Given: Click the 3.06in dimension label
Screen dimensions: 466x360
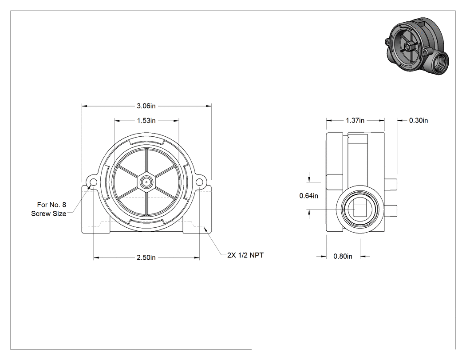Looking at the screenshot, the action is (x=146, y=106).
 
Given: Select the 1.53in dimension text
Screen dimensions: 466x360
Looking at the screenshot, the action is (x=146, y=121).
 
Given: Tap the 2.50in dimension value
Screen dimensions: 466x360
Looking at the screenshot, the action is (x=146, y=257).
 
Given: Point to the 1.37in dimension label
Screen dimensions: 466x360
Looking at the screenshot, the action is (x=355, y=120).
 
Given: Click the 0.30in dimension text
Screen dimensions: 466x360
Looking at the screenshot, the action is (x=419, y=120).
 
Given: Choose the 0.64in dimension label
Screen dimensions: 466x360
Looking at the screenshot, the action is (x=308, y=196).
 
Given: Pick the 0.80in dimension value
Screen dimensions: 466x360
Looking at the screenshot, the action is (x=343, y=256).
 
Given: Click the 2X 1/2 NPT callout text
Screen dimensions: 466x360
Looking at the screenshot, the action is (x=245, y=255).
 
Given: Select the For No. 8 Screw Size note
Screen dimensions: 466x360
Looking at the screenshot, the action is (x=49, y=209).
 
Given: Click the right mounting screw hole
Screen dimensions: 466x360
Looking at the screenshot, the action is (x=199, y=182).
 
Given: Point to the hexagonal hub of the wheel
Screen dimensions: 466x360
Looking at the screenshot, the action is (x=146, y=182).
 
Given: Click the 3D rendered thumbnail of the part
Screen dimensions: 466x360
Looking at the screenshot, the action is (x=417, y=46).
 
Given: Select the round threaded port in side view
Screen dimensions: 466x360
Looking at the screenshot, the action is (x=360, y=209).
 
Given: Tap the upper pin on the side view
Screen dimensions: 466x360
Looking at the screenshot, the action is (x=391, y=184).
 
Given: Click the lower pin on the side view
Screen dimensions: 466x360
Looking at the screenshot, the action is (x=391, y=210).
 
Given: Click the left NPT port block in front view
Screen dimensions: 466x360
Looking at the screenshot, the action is (x=96, y=209).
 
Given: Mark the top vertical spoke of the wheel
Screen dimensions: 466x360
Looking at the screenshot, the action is (x=146, y=160).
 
